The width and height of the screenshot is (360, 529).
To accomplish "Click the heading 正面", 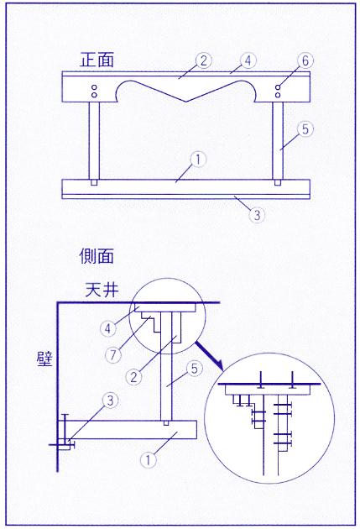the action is [97, 60].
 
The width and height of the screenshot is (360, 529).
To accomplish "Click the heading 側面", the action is [97, 256].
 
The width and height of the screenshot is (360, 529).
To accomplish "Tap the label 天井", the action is [102, 290].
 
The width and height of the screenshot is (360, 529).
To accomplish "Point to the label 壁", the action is [44, 359].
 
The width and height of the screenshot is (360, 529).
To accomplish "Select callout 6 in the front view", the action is [305, 60].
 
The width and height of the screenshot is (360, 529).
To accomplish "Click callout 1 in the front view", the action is [198, 160].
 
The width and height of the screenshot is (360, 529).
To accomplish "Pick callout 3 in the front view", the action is [257, 215].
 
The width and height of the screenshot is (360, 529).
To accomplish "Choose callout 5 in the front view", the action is [305, 129].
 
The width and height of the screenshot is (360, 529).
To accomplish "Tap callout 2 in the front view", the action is [203, 60].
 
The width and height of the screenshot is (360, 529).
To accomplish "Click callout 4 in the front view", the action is [248, 60].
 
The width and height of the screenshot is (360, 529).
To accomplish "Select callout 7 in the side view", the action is [113, 355].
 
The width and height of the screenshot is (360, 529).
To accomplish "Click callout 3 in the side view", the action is [110, 401].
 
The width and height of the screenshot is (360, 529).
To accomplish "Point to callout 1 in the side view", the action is [149, 460].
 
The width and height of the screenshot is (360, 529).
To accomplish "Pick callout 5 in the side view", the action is [195, 369].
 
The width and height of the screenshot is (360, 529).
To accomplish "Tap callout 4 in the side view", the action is [108, 328].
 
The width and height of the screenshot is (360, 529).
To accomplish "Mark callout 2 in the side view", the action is [134, 376].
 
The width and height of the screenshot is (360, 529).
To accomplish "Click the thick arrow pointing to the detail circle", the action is [209, 356].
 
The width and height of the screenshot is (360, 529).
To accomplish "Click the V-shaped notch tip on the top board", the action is [185, 102].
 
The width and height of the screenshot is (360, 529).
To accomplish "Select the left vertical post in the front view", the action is [94, 141].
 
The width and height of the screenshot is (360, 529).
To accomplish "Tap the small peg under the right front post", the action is [278, 182].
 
